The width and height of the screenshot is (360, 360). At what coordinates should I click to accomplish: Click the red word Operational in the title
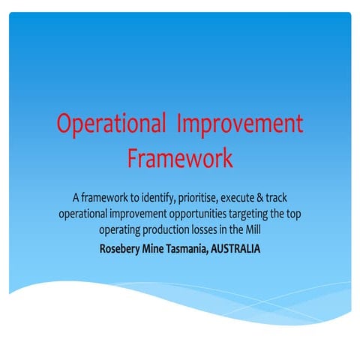(109, 124)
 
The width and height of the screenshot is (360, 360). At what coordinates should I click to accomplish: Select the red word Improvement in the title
(240, 124)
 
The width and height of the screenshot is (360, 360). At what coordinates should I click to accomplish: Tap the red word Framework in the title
(180, 158)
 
